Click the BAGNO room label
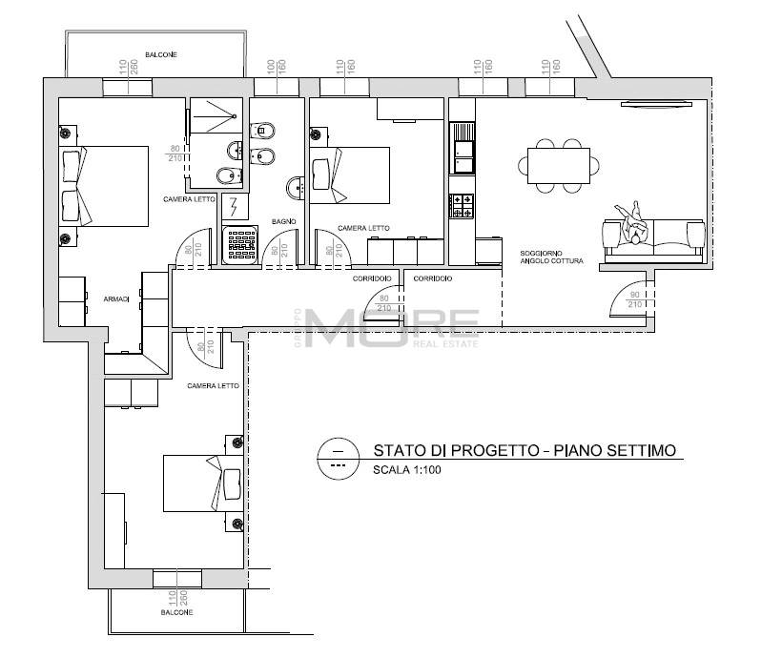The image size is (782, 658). point(284,221)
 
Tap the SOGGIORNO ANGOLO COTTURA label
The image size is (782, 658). point(551,257)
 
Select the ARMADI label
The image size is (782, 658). point(116,299)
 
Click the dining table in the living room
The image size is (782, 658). point(559,166)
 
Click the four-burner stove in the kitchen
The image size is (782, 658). point(462,206)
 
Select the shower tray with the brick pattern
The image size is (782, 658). point(241,244)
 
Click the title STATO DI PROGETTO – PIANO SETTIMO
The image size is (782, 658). point(525,450)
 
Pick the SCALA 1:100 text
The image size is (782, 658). point(407,469)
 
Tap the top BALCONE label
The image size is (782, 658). point(160,54)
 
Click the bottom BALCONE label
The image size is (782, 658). point(176,612)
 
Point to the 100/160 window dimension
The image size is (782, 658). point(276,68)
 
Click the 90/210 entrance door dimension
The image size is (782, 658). point(634,299)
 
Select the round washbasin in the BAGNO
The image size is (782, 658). point(298,187)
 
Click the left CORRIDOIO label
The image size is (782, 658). point(372,278)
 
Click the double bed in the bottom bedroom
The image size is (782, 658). point(203,483)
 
